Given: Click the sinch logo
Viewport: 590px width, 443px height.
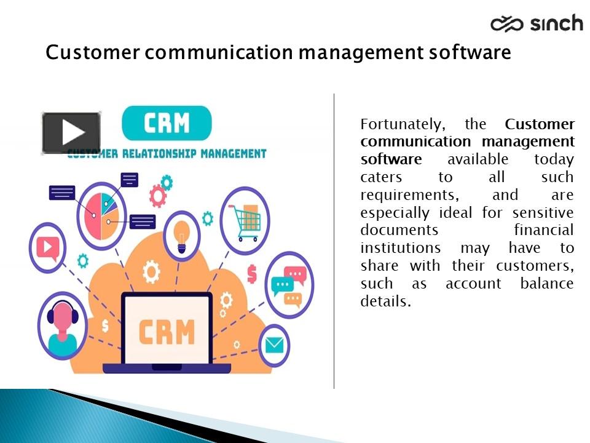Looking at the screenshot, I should (537, 23).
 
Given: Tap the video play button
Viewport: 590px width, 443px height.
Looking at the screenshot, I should (71, 132).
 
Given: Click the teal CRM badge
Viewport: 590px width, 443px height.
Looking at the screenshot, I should (167, 123).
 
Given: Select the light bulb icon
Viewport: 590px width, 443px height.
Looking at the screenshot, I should (181, 236).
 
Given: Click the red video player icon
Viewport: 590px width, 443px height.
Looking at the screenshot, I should (47, 247).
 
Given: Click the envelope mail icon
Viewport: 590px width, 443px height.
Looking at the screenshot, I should (274, 346).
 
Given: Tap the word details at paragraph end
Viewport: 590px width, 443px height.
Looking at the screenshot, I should (385, 302).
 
